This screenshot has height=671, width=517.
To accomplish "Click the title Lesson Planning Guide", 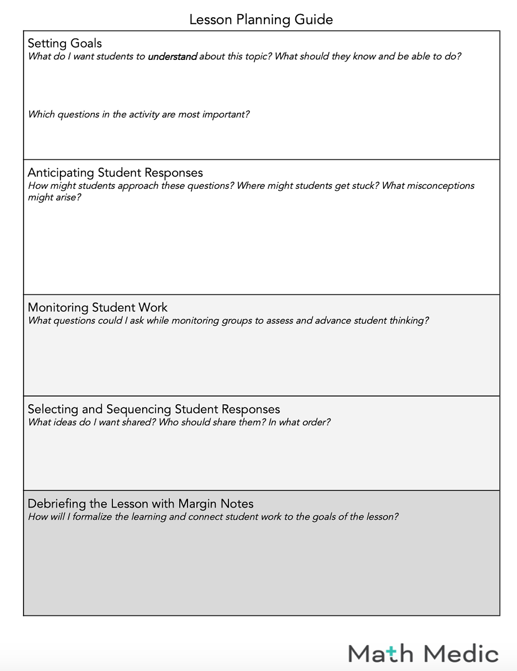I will click(261, 19).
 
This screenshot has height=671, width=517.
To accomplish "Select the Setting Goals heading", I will click(65, 43).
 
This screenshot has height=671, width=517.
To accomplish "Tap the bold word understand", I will click(172, 56).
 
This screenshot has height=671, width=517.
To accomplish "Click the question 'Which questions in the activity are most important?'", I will click(139, 114).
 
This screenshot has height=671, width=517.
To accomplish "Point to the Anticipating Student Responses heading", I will click(115, 172).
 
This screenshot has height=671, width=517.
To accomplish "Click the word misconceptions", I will click(441, 186).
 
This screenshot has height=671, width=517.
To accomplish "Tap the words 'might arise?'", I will click(54, 197).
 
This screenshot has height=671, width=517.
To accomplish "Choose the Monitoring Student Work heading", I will click(97, 307).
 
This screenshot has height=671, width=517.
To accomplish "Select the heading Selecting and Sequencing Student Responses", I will click(154, 409).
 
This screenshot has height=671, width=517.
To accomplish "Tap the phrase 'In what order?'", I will click(299, 422).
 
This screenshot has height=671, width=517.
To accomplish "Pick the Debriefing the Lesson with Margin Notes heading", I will click(140, 503).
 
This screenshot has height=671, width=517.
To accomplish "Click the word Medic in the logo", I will click(461, 654).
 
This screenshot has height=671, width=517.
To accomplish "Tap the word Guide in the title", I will click(314, 19).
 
